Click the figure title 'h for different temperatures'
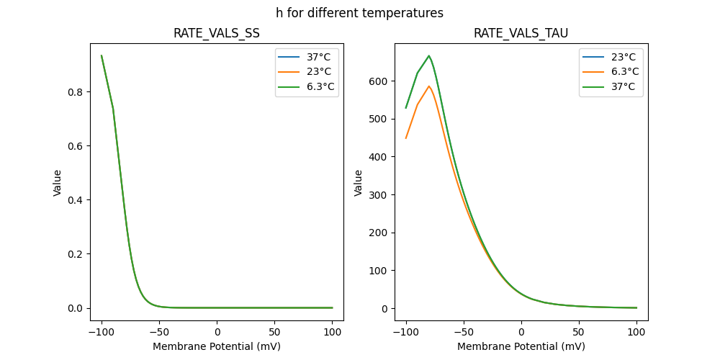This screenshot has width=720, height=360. click(359, 13)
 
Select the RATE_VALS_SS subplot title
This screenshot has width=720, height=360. click(217, 33)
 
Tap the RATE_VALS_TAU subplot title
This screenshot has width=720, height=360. click(521, 33)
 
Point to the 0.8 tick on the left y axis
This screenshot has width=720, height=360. click(76, 92)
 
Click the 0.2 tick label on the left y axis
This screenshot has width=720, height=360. click(76, 254)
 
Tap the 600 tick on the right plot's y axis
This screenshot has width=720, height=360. click(379, 81)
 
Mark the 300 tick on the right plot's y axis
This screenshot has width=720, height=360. click(379, 195)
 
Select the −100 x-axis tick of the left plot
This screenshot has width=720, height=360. click(102, 332)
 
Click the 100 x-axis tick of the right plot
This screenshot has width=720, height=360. click(636, 332)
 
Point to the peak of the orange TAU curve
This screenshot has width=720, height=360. click(429, 86)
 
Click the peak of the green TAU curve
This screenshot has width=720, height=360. click(429, 55)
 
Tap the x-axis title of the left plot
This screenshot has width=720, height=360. click(217, 346)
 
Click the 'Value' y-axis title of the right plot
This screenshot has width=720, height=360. click(358, 183)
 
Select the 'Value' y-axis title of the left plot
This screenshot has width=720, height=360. click(57, 183)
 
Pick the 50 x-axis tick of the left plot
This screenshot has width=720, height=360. click(275, 332)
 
